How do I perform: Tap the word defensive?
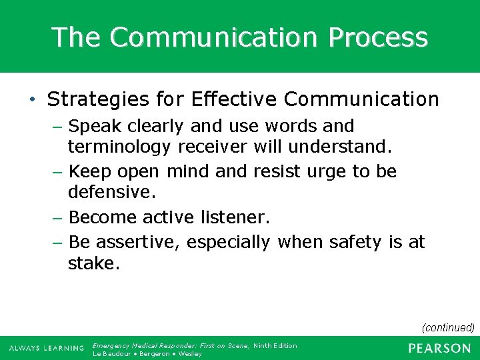pos(111,192)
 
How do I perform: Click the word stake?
pos(93,263)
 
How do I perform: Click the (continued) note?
pos(448,327)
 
